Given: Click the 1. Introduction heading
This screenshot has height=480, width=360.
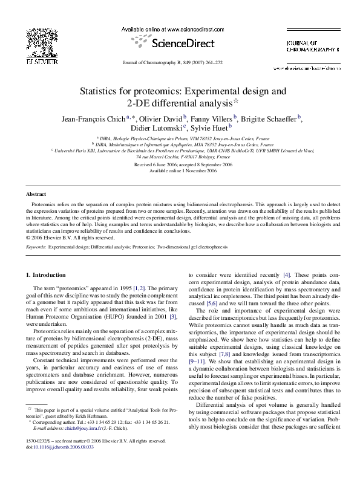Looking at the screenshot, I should tap(49, 275).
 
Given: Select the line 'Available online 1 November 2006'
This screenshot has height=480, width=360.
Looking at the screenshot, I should tap(180, 170).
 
